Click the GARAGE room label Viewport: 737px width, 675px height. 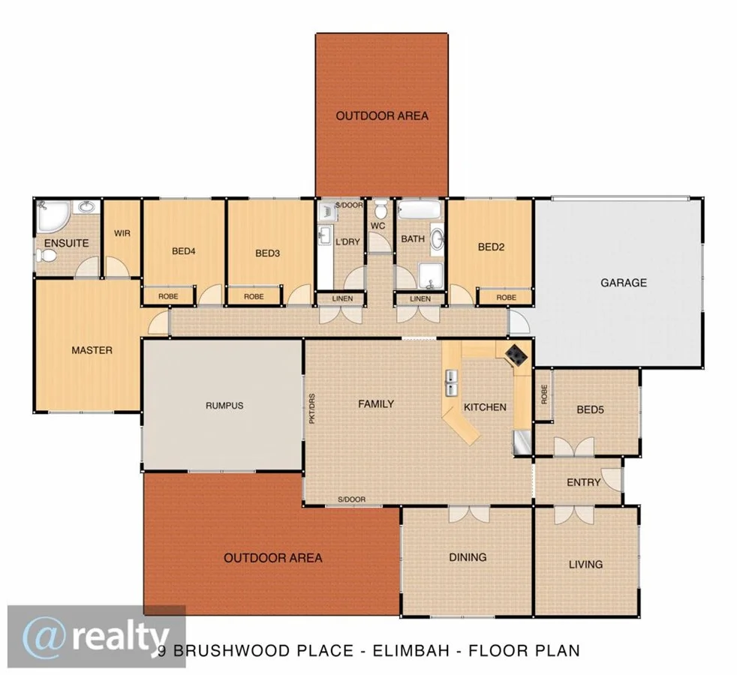coord(623,283)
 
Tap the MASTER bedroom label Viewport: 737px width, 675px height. coord(92,350)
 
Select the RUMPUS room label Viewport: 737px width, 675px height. coord(224,406)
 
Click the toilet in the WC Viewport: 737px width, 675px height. coord(381,206)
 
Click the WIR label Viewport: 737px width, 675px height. coord(122,233)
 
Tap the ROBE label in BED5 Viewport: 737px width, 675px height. coord(543,394)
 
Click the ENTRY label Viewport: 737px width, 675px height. coord(583,482)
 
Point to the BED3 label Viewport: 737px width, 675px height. coord(267,253)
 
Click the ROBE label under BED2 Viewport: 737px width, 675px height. coord(506,298)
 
